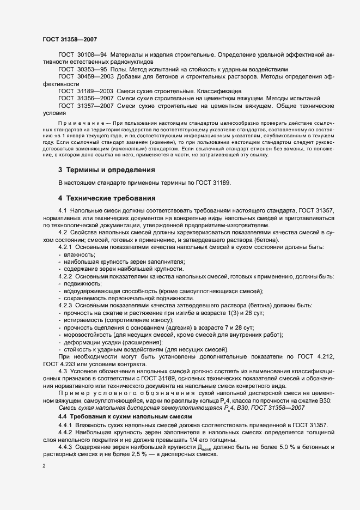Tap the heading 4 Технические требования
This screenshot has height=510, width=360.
click(107, 197)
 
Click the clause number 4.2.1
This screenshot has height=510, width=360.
click(66, 247)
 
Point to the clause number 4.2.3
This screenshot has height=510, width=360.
click(66, 305)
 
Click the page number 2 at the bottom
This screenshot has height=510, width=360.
click(44, 467)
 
